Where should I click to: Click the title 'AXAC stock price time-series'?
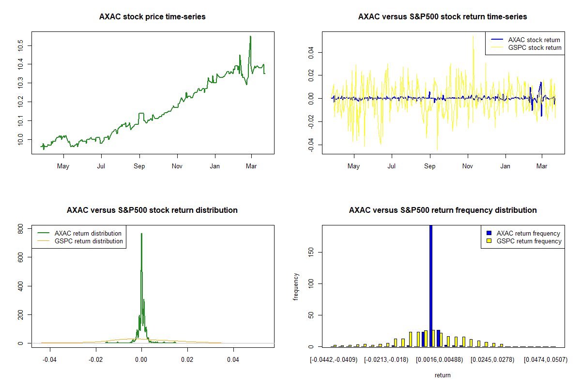(152, 17)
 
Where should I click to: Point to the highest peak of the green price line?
(250, 37)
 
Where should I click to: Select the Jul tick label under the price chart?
(101, 166)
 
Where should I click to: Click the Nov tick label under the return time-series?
(468, 166)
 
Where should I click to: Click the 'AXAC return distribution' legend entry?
(88, 233)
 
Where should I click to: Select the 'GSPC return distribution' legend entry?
(89, 241)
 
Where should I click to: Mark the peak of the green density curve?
(141, 234)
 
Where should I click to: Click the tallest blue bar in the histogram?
(431, 285)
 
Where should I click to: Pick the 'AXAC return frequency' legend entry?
(528, 233)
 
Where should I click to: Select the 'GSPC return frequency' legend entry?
(529, 241)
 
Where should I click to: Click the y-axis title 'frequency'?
(296, 286)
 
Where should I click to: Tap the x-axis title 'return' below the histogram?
(443, 375)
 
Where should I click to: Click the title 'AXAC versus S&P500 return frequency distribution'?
(443, 210)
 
